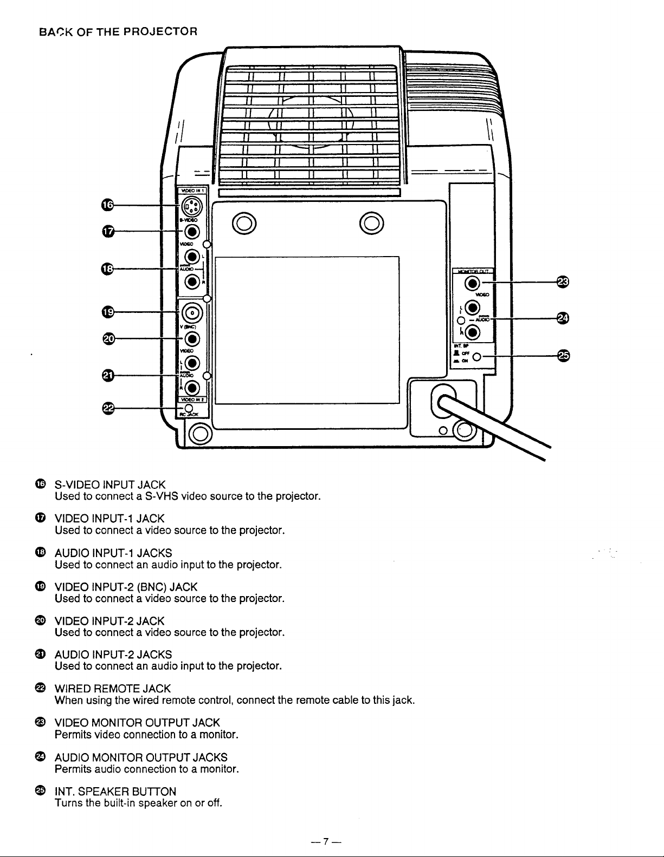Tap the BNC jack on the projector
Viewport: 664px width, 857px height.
[194, 312]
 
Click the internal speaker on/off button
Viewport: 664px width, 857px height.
[477, 357]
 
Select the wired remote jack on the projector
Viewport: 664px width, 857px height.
[188, 408]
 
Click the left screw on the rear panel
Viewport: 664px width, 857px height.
[243, 223]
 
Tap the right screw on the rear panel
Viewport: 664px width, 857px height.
[372, 223]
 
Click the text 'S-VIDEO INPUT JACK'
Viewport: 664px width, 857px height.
[110, 484]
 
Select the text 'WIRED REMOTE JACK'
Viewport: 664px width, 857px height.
[113, 689]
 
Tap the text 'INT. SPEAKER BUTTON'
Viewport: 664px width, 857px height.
[115, 791]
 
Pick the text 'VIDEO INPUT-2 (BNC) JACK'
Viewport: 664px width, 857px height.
[126, 587]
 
